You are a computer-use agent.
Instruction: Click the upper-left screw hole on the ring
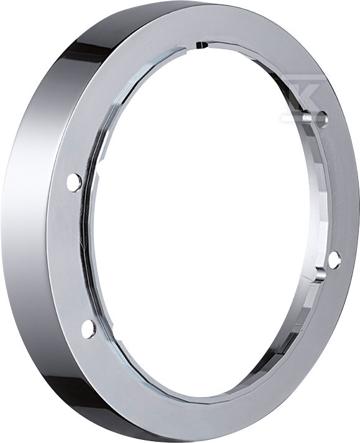click(74, 182)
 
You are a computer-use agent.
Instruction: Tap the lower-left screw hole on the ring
click(88, 328)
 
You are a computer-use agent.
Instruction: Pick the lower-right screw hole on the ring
click(334, 259)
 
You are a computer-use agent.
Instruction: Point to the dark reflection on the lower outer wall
click(93, 398)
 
